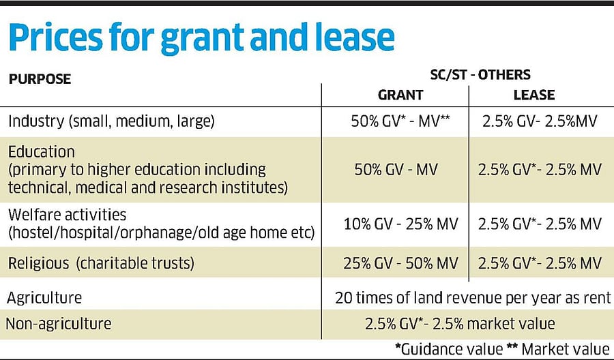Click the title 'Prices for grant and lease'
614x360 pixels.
click(202, 39)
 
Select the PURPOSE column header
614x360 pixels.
click(40, 79)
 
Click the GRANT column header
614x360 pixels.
click(400, 95)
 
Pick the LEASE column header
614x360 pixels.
click(535, 95)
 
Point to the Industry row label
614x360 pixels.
click(111, 121)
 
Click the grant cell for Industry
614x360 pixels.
click(400, 122)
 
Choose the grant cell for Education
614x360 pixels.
click(400, 170)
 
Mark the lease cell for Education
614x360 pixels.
click(539, 170)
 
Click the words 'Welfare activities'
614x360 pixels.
click(67, 215)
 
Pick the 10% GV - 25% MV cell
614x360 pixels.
click(400, 224)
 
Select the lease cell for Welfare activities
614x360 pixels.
click(539, 224)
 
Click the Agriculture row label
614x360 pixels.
click(44, 298)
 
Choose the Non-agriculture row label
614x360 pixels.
click(58, 324)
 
